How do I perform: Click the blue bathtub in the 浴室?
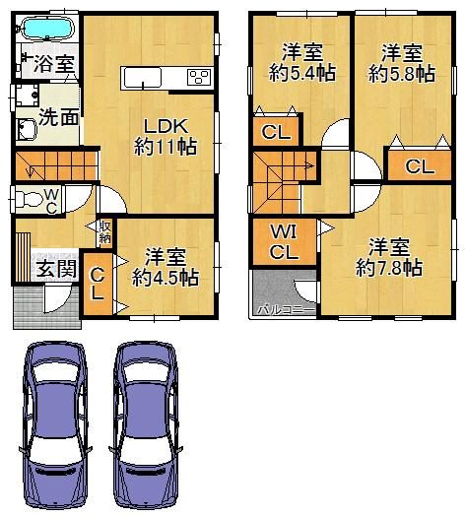click(x=47, y=29)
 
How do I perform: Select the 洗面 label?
click(x=58, y=116)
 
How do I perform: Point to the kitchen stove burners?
click(x=197, y=78)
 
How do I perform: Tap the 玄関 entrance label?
click(x=55, y=269)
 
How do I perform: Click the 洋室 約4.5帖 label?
click(x=165, y=267)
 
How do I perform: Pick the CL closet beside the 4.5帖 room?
click(x=98, y=284)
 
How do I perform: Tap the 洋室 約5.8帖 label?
click(x=401, y=61)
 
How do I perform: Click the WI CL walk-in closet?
click(x=284, y=241)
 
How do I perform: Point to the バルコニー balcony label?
click(x=285, y=309)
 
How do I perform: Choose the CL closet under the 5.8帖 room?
click(x=419, y=166)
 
